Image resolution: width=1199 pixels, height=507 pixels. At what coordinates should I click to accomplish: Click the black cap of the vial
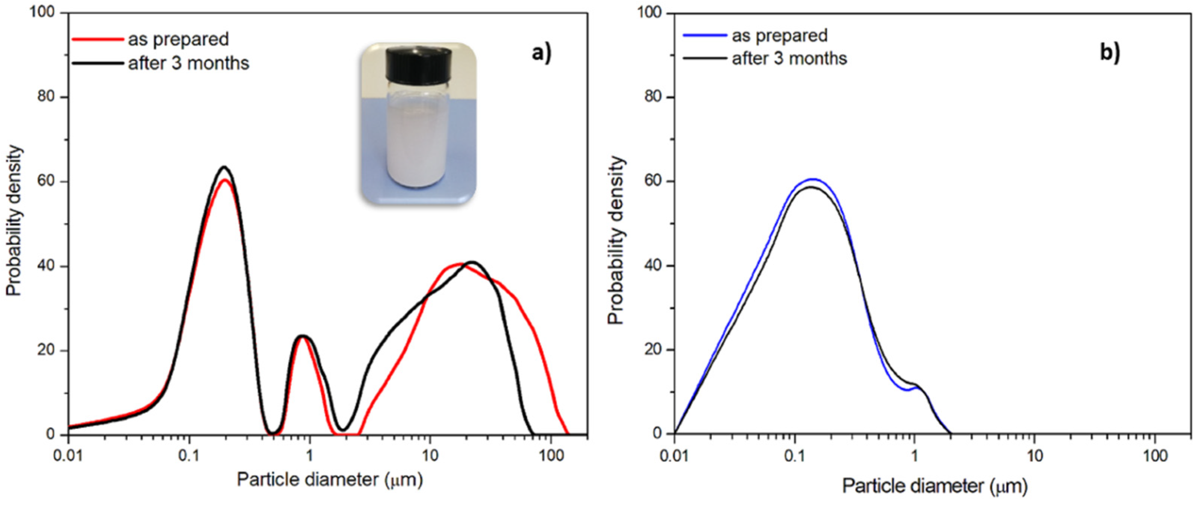[x=419, y=63]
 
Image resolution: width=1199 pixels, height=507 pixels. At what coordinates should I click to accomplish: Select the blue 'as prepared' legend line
[x=705, y=35]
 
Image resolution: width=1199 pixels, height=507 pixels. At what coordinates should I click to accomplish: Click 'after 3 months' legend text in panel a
[x=189, y=63]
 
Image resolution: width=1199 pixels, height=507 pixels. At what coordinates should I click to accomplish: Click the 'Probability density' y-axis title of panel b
[x=616, y=240]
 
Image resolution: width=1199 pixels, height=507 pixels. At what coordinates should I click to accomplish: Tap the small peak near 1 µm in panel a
[x=302, y=336]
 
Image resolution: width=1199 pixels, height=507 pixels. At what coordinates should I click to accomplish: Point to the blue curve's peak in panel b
[x=813, y=179]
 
